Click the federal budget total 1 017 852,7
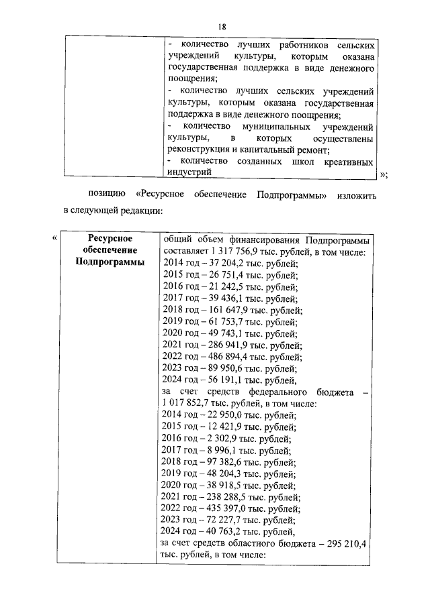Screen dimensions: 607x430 (x=190, y=403)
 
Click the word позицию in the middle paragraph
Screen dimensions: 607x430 (x=107, y=195)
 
